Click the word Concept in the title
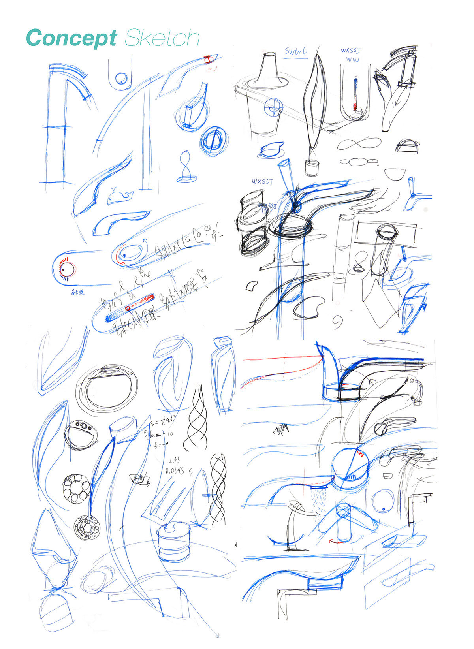point(71,38)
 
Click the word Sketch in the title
point(162,38)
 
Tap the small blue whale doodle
point(120,196)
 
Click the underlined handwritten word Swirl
point(296,52)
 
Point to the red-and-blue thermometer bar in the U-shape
point(355,94)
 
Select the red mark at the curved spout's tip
point(207,59)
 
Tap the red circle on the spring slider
point(128,308)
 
